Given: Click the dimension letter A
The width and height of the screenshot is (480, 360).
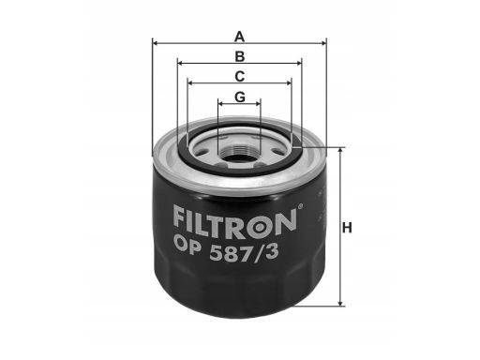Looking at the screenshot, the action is (x=239, y=37).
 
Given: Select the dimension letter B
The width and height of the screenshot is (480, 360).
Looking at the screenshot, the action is (x=240, y=56).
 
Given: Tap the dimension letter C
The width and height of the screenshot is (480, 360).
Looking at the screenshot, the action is (x=240, y=77).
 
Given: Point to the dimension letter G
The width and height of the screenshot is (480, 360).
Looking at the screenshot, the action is (x=240, y=97).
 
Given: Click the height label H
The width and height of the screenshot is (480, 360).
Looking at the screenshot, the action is (x=347, y=228).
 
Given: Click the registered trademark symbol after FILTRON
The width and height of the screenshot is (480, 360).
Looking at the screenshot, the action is (x=300, y=206).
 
